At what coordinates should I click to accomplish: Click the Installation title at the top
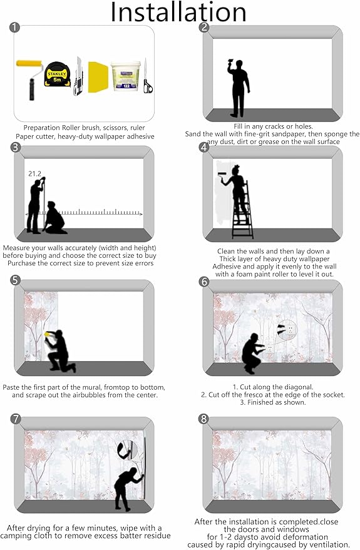click(178, 12)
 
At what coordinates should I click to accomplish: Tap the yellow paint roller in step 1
click(31, 79)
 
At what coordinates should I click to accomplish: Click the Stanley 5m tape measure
click(56, 74)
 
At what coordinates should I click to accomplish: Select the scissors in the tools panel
click(147, 76)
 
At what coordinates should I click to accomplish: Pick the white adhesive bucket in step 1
click(126, 76)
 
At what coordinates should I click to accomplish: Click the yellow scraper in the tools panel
click(98, 77)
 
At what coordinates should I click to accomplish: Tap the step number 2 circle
click(204, 28)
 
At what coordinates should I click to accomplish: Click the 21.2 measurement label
click(34, 173)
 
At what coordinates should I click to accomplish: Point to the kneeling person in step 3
click(55, 218)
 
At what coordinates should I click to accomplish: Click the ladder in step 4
click(242, 210)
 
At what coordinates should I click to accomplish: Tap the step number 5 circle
click(16, 280)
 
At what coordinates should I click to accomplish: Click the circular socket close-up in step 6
click(287, 329)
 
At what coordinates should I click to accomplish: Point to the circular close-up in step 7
click(127, 450)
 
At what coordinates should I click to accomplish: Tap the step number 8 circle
click(203, 419)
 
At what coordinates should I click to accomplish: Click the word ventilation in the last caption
click(331, 545)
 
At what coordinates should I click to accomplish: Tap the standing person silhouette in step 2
click(239, 88)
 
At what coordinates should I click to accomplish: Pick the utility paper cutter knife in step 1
click(78, 77)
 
